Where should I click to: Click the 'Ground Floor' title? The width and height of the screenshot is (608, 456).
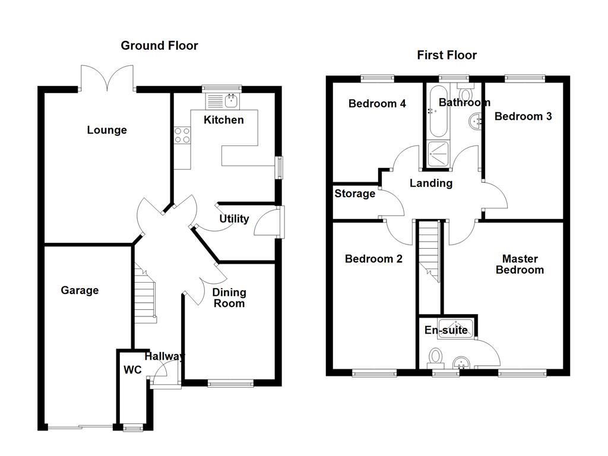coord(159,46)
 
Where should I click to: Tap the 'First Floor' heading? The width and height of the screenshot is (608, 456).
coord(446,55)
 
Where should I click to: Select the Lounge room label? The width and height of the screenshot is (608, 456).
coord(107,130)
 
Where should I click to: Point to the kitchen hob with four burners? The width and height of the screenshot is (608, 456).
coord(182,136)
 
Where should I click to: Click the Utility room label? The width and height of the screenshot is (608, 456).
coord(234,218)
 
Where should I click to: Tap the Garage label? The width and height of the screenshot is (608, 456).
coord(80,290)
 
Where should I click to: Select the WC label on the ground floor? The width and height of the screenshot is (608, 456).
coord(132,369)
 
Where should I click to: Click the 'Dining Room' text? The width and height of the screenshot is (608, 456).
coord(229,298)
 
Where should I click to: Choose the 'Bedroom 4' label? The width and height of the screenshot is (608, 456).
coord(377,103)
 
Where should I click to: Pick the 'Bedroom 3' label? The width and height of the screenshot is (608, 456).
coord(523,116)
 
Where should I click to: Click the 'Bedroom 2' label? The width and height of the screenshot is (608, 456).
coord(373,259)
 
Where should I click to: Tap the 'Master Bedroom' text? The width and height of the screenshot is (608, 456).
coord(520,264)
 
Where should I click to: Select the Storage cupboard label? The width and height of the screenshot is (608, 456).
coord(354,194)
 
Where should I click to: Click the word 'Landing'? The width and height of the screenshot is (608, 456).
coord(431,183)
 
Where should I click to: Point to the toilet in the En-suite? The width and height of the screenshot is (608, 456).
coord(436,356)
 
